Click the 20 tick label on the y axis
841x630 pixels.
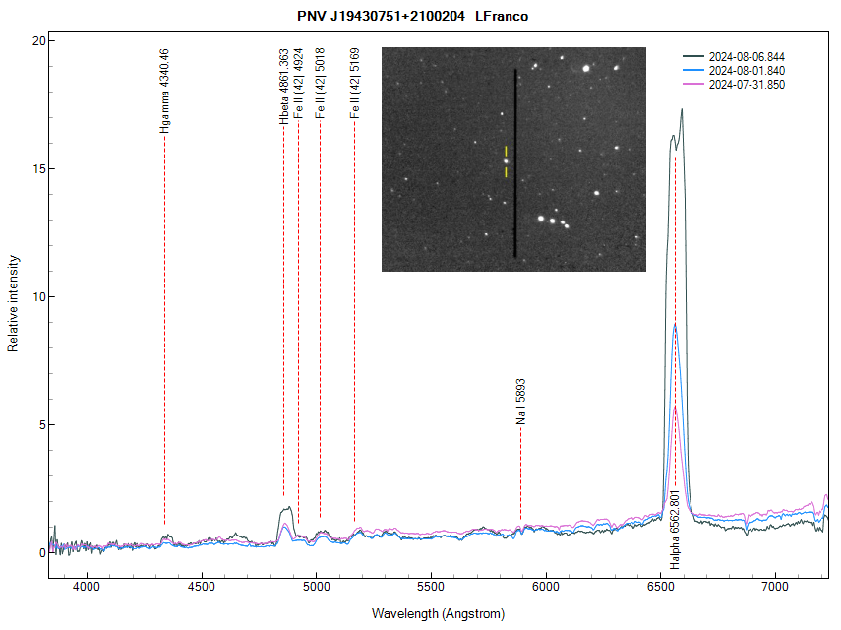pos(37,41)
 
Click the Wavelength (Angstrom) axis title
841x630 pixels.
pos(438,614)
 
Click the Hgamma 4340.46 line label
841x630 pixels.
pos(163,91)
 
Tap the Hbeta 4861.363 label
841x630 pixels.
pos(283,86)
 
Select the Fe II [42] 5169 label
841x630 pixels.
pos(354,84)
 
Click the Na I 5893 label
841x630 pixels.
pos(520,402)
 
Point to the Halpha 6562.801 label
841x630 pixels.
pos(675,530)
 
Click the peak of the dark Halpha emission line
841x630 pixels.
pos(681,110)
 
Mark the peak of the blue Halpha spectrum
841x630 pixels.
pos(675,324)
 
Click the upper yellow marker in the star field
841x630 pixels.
pos(507,151)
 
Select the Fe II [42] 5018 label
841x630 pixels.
pos(319,84)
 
